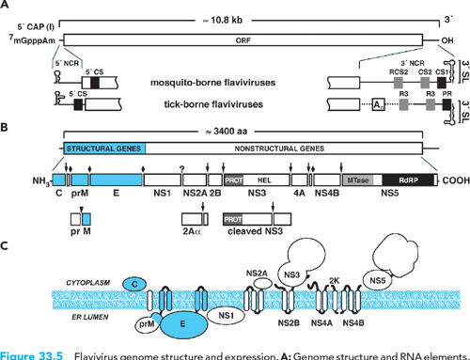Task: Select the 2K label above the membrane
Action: (x=334, y=280)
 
